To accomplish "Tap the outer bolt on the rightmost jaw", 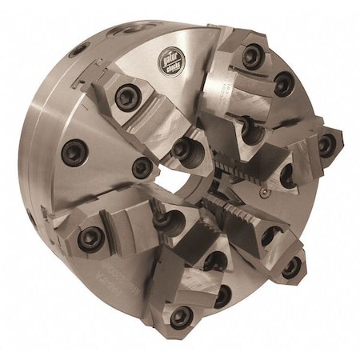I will pos(326,145).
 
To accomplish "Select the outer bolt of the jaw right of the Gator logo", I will pos(252,55).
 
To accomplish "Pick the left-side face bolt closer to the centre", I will pos(142,167).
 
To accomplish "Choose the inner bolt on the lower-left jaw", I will pos(160,217).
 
